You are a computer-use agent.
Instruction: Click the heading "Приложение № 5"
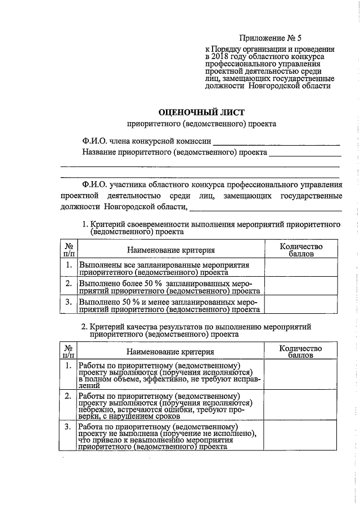coord(270,38)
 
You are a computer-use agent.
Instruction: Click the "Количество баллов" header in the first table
coord(301,250)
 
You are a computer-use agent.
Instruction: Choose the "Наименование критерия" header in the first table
coord(170,250)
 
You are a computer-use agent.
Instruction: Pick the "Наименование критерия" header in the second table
coord(170,352)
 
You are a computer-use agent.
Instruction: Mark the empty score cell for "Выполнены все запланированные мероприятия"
coord(301,268)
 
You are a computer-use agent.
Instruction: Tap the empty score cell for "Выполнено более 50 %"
coord(301,286)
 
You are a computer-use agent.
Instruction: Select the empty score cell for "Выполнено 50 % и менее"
coord(301,304)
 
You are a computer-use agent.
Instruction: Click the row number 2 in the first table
coord(68,283)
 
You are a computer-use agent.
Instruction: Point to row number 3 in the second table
coord(68,428)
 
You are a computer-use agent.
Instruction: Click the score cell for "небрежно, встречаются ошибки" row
coord(301,406)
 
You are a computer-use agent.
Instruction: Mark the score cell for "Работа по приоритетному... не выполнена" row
coord(301,437)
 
